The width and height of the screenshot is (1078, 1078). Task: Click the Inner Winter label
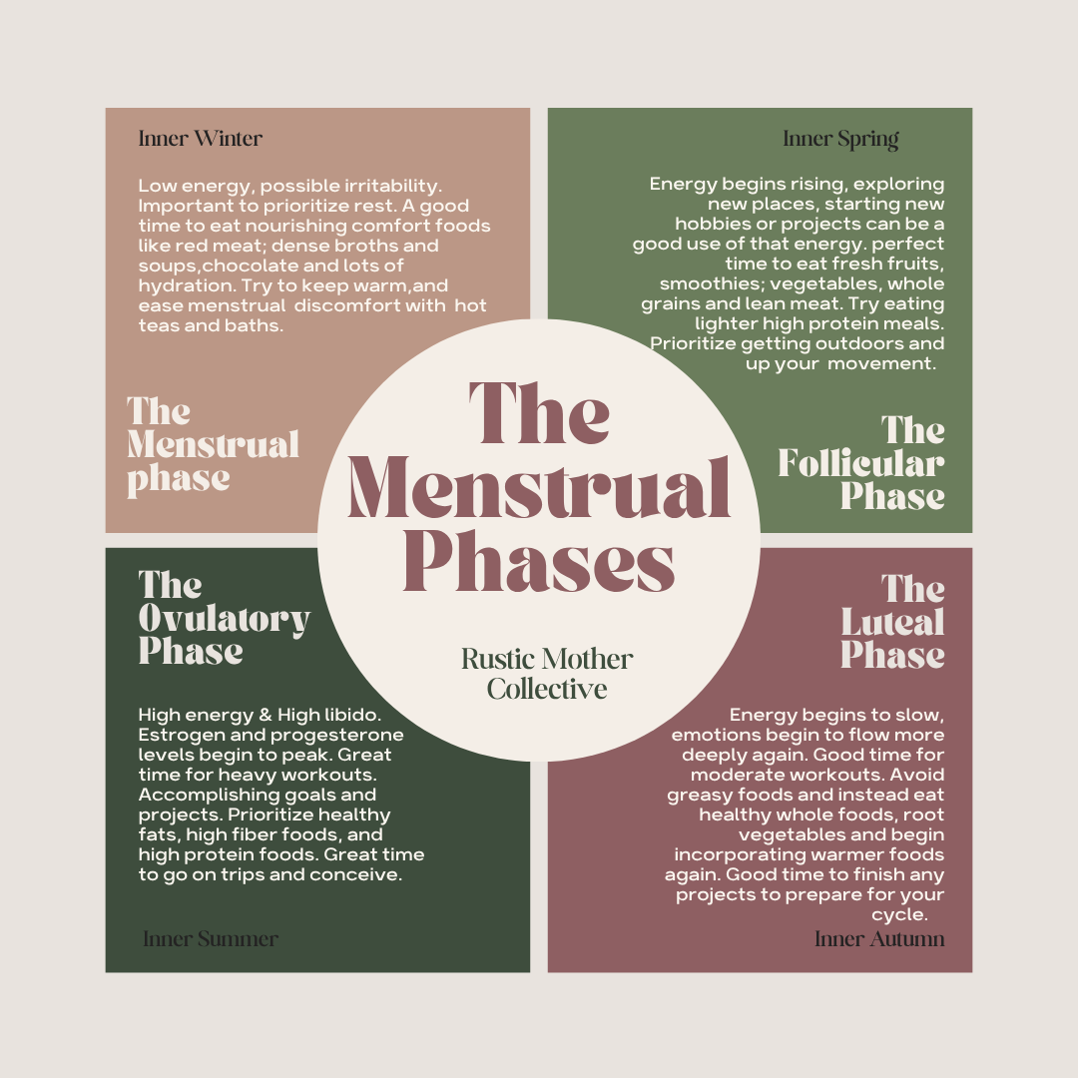tap(200, 138)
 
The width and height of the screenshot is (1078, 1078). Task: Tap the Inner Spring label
tap(840, 138)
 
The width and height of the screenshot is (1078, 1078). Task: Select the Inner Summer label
tap(210, 938)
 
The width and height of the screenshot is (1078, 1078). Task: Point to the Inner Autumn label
tap(879, 938)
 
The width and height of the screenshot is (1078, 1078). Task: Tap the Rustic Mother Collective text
tap(547, 674)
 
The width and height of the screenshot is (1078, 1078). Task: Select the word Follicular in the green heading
tap(860, 463)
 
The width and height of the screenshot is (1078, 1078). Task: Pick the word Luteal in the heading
tap(892, 623)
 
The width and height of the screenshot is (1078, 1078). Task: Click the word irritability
tap(385, 185)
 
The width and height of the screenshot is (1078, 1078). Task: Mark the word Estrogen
tap(177, 735)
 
